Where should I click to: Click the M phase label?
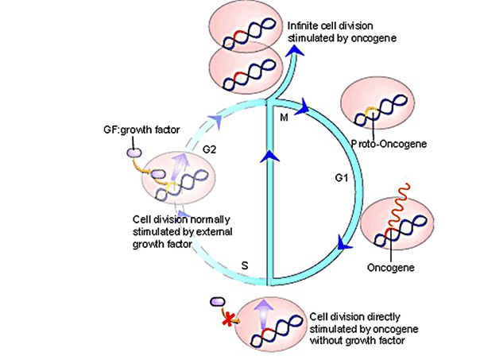[284, 118]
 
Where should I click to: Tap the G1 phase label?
[342, 178]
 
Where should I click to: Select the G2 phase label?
[209, 149]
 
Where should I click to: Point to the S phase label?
[245, 265]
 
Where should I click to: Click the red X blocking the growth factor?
[228, 320]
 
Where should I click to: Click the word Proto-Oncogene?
[389, 144]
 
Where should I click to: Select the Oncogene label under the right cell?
[391, 268]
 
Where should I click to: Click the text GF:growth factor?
[141, 130]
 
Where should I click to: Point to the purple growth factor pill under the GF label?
[134, 153]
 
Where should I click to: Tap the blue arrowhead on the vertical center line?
[269, 156]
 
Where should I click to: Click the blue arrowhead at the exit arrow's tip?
[295, 50]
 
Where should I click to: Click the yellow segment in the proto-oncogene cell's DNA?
[370, 110]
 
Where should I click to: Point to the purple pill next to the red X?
[218, 302]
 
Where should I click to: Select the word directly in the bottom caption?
[384, 317]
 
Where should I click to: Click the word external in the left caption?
[214, 232]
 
